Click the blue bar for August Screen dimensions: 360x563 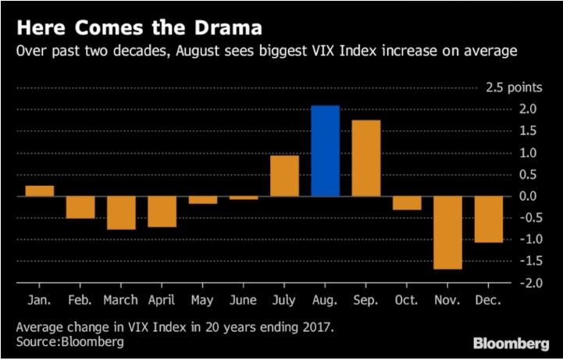pos(325,151)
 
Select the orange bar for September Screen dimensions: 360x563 pos(365,158)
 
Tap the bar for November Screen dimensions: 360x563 pos(447,232)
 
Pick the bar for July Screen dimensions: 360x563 pos(284,176)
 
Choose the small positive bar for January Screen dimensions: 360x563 pos(39,191)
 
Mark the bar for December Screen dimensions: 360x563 pos(488,219)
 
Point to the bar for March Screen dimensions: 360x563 pos(121,212)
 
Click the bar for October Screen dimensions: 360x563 pos(407,203)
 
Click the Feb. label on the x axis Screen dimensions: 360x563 pos(80,300)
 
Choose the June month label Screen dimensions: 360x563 pos(244,300)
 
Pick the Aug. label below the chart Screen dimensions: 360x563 pos(325,300)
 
